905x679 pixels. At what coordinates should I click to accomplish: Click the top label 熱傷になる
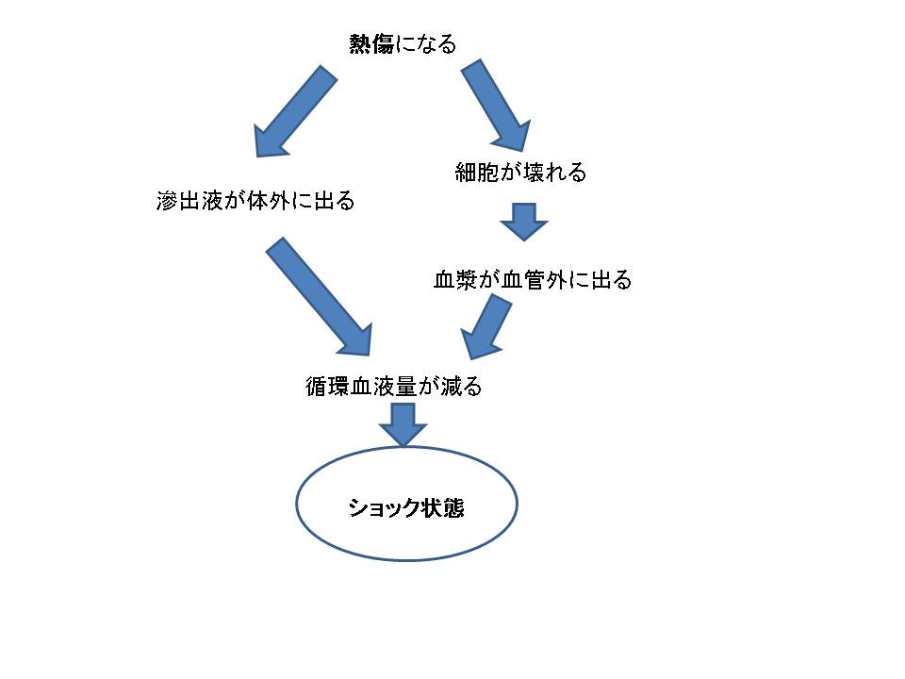[403, 44]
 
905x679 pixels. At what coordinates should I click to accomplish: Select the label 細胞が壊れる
[521, 172]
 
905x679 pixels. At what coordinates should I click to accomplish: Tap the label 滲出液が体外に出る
[255, 201]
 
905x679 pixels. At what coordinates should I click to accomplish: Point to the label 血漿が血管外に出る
[532, 280]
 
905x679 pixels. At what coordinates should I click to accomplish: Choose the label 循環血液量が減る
[394, 386]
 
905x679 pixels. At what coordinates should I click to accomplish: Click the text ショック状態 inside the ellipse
[406, 507]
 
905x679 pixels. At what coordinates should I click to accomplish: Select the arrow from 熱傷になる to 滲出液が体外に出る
[293, 111]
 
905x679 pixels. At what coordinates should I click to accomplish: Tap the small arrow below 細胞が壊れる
[522, 222]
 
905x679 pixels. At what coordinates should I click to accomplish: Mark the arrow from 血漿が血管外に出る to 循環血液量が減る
[488, 326]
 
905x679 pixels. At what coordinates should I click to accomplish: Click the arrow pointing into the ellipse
[403, 424]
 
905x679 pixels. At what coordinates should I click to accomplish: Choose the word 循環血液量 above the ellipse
[361, 386]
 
